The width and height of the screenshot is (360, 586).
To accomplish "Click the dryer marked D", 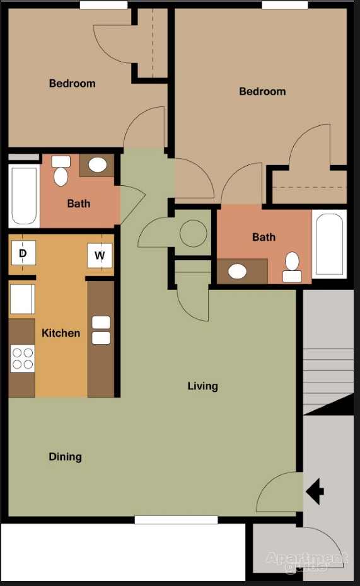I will click(23, 255).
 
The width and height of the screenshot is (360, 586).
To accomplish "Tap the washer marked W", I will click(100, 255).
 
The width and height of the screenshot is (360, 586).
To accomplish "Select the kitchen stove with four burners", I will click(23, 359).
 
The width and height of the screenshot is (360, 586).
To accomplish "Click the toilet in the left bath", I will click(61, 171).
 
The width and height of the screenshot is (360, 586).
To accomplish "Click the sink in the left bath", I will click(97, 165).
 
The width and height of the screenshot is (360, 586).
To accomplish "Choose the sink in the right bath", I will click(238, 272).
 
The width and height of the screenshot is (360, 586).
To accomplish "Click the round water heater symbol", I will click(193, 234).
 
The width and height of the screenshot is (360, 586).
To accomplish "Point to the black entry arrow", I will click(315, 490).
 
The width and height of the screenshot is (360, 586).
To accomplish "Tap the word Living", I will click(202, 386).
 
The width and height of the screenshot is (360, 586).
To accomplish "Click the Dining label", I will click(66, 457).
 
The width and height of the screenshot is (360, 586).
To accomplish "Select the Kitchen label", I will click(61, 333).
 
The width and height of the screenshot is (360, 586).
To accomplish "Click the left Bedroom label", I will click(73, 83).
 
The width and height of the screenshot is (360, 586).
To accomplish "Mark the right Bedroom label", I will click(262, 91).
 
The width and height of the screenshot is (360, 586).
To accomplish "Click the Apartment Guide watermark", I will click(306, 562).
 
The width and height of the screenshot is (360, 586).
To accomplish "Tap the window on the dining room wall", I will click(176, 520).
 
